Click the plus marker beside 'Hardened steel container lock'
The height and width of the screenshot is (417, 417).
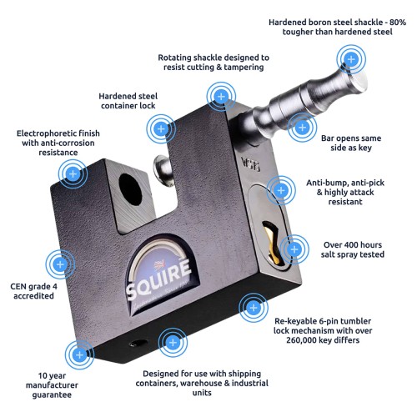point(161,129)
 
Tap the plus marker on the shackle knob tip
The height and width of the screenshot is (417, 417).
point(351,59)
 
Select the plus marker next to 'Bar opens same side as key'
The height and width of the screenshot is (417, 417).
point(302,128)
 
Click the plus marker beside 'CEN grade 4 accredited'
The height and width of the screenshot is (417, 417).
point(60,264)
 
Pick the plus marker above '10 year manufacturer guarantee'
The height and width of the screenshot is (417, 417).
point(79,354)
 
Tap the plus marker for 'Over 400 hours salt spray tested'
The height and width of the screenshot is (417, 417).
point(294,249)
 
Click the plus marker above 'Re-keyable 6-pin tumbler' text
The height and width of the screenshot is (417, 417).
point(254,308)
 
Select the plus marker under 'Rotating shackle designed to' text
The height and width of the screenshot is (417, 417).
point(221,97)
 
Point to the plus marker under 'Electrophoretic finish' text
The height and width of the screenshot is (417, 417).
point(73,174)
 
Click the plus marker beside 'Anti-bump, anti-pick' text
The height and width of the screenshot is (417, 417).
point(281,190)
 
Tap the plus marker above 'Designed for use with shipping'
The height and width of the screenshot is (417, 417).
point(173,343)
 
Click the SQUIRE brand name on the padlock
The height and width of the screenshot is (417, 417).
point(158,279)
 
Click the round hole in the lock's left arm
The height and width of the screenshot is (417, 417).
point(130,189)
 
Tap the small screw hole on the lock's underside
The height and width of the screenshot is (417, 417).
point(138,344)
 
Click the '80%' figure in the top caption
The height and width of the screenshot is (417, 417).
point(398,23)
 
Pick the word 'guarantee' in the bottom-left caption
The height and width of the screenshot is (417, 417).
point(52,395)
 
